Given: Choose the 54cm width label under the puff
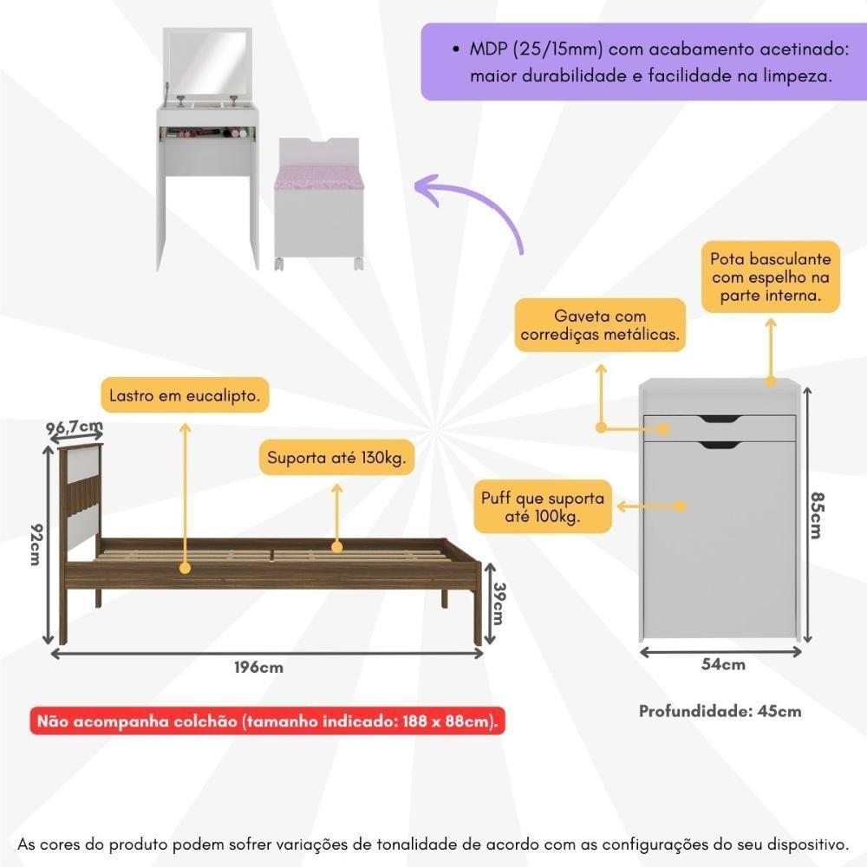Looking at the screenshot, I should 722,665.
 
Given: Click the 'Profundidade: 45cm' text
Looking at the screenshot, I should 720,711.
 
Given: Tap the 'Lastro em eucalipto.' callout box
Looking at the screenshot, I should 185,397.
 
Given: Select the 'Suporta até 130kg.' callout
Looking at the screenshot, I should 336,457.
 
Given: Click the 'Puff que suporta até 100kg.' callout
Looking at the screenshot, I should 543,507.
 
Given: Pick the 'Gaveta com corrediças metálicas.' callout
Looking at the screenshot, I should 600,325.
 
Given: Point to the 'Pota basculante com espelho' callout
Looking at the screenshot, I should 770,277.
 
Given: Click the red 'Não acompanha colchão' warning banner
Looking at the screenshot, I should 267,721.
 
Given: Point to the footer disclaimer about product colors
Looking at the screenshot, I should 433,843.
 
